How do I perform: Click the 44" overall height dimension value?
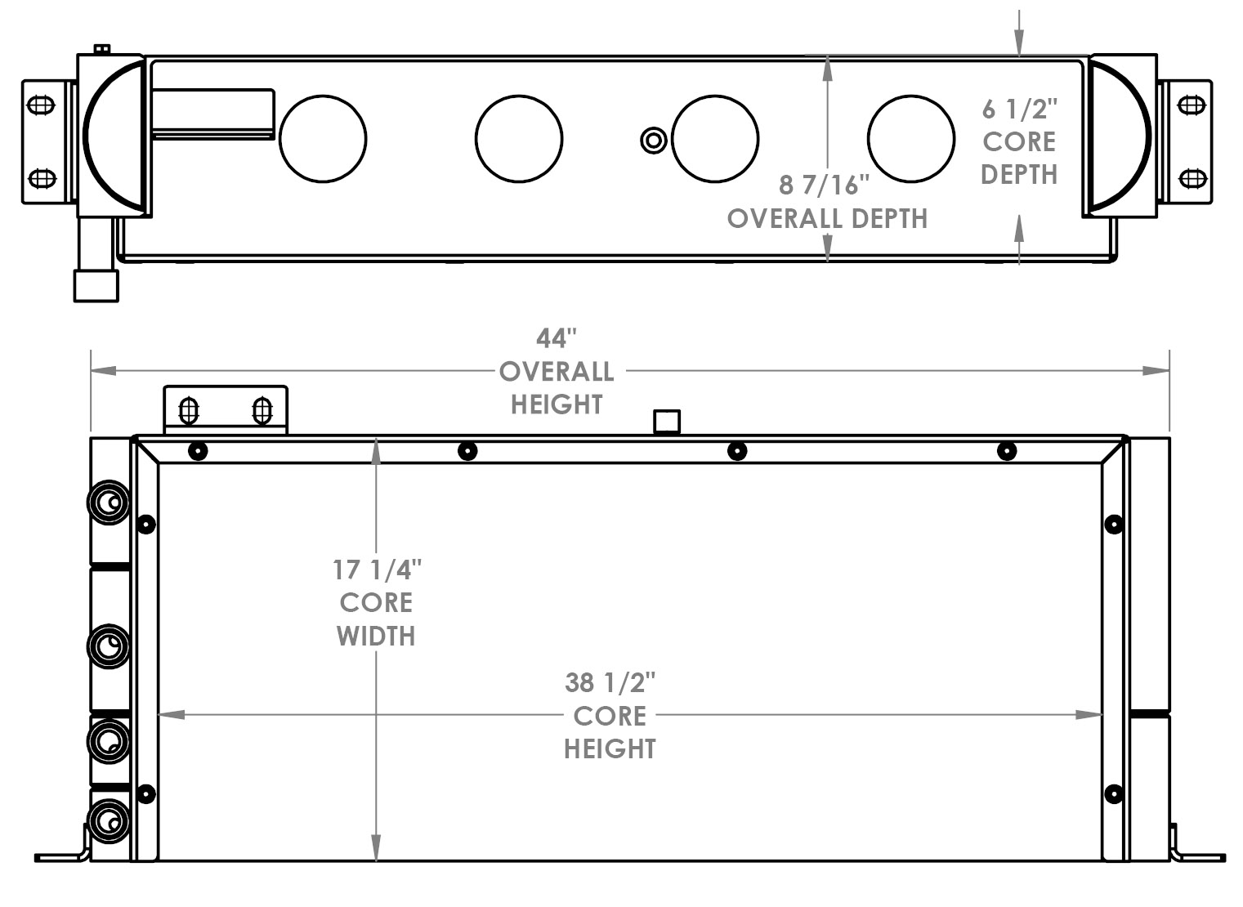[557, 338]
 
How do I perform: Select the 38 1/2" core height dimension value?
[610, 682]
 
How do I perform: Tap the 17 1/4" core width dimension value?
[377, 570]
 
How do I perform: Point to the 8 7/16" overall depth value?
[819, 185]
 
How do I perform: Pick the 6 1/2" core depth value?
[1019, 109]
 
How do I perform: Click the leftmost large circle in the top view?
[323, 138]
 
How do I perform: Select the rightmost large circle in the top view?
[910, 138]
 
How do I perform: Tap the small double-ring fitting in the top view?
[653, 141]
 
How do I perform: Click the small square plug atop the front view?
[667, 422]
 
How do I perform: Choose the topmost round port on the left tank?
[109, 501]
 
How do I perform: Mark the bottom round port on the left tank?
[109, 820]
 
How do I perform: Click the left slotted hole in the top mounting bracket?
[189, 410]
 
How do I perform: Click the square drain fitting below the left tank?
[96, 285]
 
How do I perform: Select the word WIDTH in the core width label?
[376, 637]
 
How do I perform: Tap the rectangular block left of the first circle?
[213, 114]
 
